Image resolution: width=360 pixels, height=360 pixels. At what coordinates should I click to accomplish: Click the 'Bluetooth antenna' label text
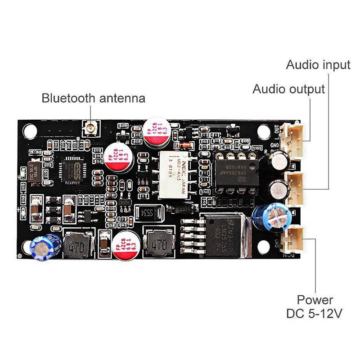click(x=94, y=98)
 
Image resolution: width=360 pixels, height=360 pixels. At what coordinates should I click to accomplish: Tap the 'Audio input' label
click(x=318, y=65)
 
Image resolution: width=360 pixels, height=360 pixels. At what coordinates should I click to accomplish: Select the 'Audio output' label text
click(x=288, y=89)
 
